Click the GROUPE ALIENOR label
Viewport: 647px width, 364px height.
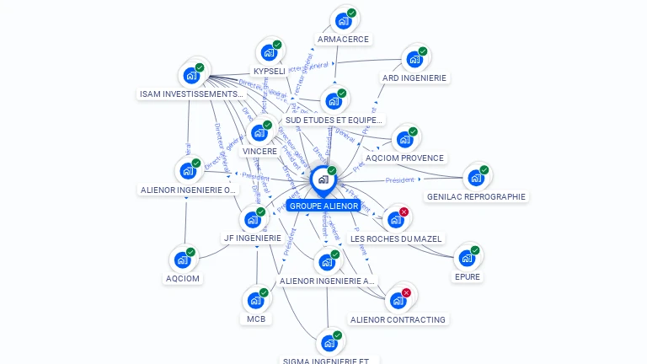323,206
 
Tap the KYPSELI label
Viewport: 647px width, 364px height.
269,72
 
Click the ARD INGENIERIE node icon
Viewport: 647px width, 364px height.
414,59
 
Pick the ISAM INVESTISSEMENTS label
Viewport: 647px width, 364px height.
191,94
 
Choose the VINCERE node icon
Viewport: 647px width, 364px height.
259,133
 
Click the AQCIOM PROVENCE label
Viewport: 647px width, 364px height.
404,158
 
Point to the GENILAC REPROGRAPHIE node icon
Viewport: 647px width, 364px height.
475,178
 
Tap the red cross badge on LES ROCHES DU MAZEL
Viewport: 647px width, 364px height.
404,211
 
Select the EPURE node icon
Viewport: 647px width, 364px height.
466,258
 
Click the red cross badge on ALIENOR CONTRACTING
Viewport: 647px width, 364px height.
406,292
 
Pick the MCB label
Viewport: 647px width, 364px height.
256,319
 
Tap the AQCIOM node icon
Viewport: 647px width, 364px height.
182,260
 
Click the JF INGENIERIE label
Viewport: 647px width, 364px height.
252,238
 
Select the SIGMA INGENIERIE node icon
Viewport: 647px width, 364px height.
329,343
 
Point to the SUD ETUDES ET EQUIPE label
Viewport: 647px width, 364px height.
334,120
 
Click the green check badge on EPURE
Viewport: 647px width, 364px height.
475,250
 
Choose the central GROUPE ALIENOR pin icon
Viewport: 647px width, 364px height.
323,179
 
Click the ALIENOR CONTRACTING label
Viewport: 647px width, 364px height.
398,320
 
